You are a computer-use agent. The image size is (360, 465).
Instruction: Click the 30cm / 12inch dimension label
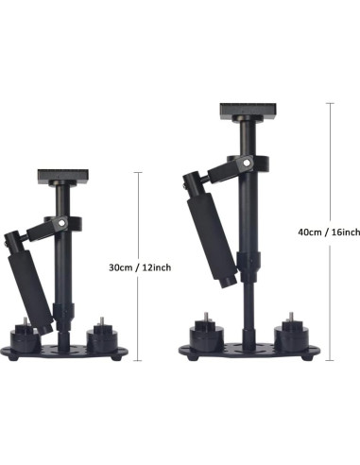[x=140, y=267]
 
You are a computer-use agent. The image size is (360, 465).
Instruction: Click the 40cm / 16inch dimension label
[x=329, y=232]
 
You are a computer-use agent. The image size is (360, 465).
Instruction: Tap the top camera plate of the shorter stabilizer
[x=63, y=177]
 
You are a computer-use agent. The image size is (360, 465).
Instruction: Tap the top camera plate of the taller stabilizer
[x=249, y=111]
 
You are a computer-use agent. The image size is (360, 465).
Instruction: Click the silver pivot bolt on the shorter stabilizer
[x=62, y=223]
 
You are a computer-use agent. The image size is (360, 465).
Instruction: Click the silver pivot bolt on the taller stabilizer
[x=247, y=163]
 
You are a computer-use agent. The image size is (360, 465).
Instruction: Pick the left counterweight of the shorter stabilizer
[x=26, y=337]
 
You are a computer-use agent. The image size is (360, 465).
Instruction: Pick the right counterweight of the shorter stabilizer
[x=102, y=338]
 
